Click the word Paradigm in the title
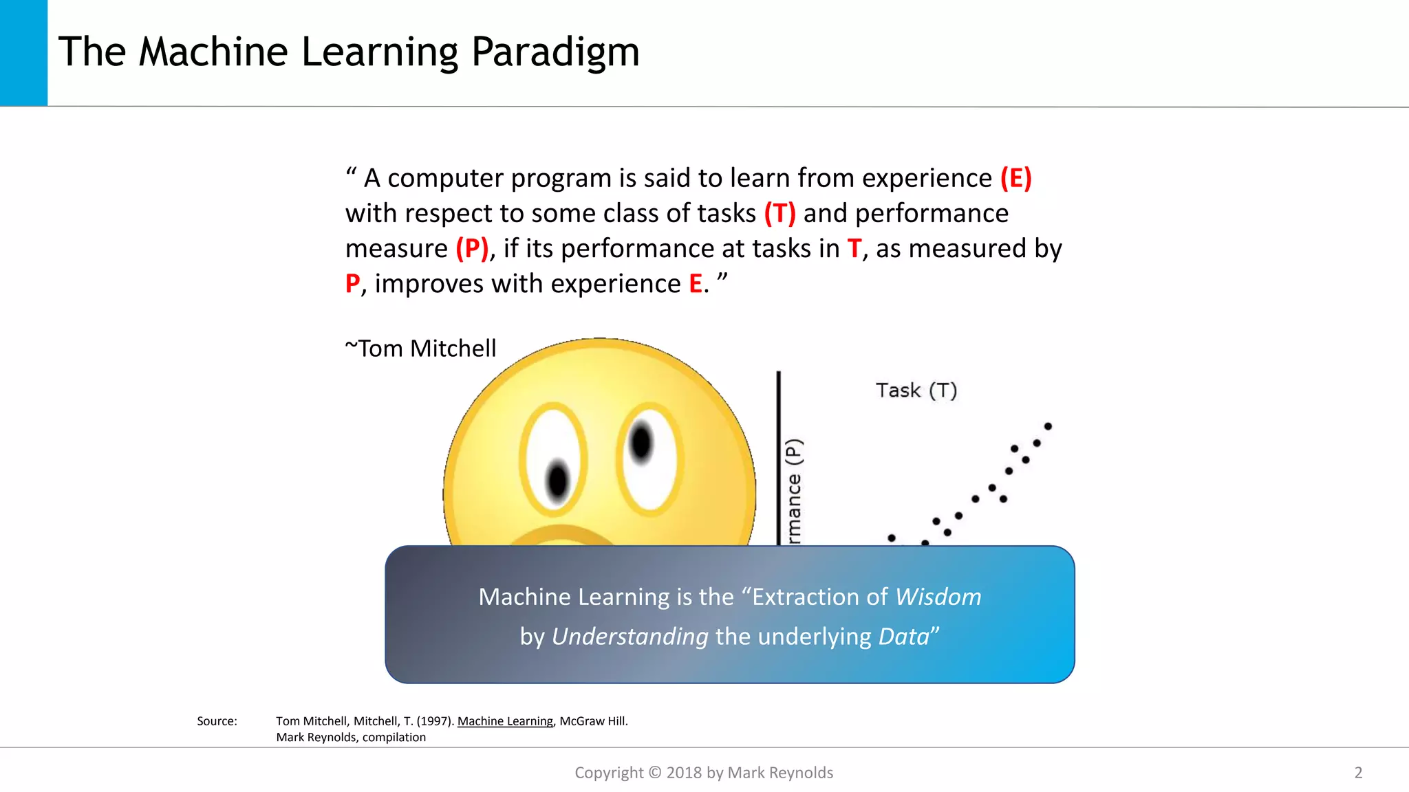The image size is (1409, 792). pos(555,52)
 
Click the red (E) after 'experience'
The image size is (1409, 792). pos(1015,178)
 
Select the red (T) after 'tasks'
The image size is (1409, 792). pos(779,213)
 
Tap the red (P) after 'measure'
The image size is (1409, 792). pos(472,248)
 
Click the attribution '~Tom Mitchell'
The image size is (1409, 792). pos(420,349)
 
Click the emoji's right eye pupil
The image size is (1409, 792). pos(641,442)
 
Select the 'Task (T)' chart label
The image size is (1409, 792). pos(916,390)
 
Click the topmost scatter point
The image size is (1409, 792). pos(1048,426)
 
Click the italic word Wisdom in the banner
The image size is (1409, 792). pos(938,597)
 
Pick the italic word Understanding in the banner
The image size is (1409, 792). pos(630,637)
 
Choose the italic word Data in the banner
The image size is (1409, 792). pos(903,637)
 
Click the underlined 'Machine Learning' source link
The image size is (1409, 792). pos(505,721)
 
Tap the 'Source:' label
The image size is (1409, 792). pos(217,721)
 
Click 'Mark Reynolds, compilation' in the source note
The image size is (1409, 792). pos(351,737)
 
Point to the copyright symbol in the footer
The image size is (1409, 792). pos(654,773)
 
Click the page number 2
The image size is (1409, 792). pos(1358,773)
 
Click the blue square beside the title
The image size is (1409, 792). pos(23,52)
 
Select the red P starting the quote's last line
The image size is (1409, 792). pos(352,284)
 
